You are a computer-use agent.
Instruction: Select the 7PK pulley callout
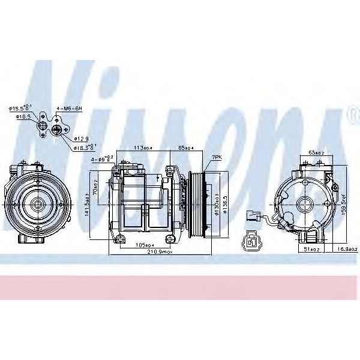217,157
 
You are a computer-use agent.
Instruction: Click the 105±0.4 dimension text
145,245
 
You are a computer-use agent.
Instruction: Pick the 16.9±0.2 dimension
347,248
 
